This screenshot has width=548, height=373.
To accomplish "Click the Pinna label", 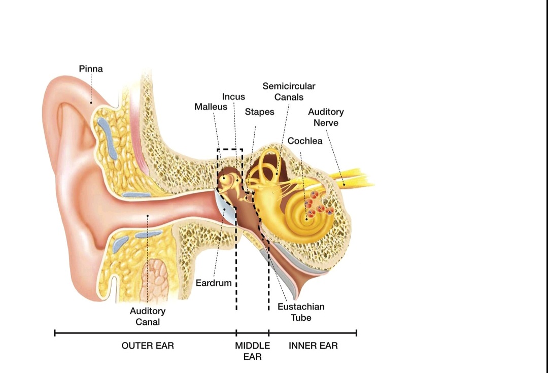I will pos(91,69).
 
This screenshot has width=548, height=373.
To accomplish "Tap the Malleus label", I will pos(211,107).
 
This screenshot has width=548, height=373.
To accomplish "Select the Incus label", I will pos(233,96).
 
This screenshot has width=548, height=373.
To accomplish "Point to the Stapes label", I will pos(259,112).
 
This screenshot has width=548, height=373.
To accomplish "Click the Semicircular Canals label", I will pos(289,91).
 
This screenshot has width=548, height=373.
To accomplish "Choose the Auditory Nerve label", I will pos(326,117).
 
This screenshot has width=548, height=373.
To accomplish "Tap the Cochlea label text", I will pos(305,141).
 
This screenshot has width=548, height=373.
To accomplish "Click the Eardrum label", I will pos(214,283).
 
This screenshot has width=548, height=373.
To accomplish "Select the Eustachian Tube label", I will pos(301,312).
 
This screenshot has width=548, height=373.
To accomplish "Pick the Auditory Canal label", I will pos(148,316).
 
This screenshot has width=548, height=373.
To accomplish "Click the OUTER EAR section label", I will pos(148,346).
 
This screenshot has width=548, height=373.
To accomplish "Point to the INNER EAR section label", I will pos(313,346).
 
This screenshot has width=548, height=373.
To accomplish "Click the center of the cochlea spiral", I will pos(306,218).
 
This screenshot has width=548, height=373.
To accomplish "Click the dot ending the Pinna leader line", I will pos(91,103).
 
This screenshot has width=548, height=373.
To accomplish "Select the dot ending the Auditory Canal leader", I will pos(147,216).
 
